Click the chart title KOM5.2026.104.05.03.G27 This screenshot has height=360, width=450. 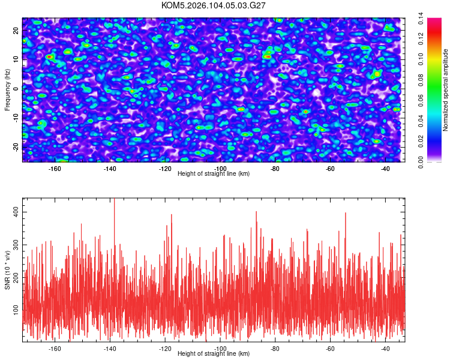(x=214, y=5)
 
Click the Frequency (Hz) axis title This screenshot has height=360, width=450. (x=7, y=89)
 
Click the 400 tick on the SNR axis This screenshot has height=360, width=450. (x=17, y=212)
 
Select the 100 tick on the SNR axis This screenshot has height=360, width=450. (x=17, y=308)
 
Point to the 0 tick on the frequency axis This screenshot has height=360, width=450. (x=17, y=89)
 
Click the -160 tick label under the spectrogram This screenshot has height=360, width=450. (x=55, y=169)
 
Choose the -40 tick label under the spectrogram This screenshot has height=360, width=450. (x=385, y=169)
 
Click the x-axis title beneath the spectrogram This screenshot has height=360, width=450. (x=214, y=174)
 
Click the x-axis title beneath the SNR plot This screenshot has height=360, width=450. (x=214, y=354)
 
